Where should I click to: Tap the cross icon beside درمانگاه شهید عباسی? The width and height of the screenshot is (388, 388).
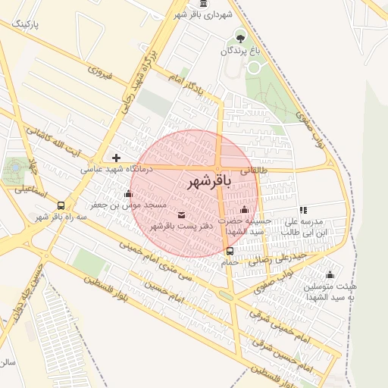(x=116, y=158)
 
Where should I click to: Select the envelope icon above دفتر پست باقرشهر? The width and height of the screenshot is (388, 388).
(x=180, y=214)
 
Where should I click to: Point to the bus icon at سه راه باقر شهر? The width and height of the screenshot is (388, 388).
(x=61, y=205)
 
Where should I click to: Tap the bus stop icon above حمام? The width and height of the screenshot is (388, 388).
(x=230, y=251)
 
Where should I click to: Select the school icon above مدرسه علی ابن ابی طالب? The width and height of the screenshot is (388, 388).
(x=303, y=210)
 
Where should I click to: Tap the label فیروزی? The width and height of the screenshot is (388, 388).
(x=100, y=74)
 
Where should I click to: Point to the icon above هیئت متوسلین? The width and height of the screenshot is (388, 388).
(x=330, y=274)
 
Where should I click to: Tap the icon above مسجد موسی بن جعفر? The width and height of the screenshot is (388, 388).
(x=127, y=194)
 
